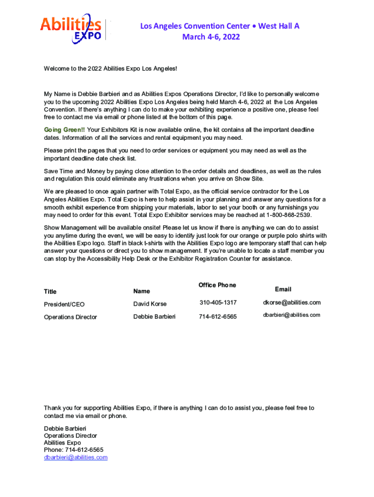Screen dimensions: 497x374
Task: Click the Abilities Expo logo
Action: [71, 28]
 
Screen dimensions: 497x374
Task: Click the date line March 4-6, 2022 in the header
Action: [211, 37]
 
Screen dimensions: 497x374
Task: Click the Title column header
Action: [50, 292]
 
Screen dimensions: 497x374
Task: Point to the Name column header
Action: [141, 291]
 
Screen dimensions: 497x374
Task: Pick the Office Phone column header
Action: [217, 285]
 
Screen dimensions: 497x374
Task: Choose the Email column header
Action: [283, 289]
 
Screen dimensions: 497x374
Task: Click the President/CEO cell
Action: [64, 304]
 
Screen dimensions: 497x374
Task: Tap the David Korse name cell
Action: [150, 304]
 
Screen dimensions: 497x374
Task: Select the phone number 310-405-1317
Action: [218, 303]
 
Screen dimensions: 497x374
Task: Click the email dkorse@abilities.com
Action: [291, 303]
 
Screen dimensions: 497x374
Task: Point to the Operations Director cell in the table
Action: [70, 317]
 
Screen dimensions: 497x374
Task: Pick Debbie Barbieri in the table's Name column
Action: [154, 316]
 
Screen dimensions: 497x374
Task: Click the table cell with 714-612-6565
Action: [218, 317]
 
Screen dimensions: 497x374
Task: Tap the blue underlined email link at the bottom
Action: [75, 457]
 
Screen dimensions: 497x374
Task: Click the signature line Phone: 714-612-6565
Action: [73, 450]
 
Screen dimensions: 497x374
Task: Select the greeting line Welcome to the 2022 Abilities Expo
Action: [110, 69]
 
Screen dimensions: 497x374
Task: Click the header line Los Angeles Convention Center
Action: [220, 26]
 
